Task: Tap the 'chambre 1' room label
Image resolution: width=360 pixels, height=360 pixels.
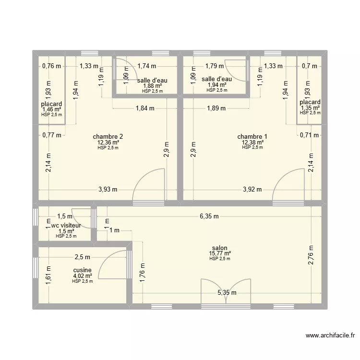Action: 252,137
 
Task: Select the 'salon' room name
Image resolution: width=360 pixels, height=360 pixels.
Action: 220,248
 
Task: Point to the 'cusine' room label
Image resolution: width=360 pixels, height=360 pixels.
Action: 82,270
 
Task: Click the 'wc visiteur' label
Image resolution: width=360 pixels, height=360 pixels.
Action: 66,225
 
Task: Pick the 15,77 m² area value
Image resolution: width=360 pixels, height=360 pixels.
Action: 220,253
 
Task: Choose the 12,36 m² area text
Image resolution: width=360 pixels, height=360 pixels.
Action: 108,143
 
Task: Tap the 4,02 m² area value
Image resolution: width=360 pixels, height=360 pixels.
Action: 82,276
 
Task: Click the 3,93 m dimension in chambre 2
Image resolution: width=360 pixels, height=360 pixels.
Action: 108,189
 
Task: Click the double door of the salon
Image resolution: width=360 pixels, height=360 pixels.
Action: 225,290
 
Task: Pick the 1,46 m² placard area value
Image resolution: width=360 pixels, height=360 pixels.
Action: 51,110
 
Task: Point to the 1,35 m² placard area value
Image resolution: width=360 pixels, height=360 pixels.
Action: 310,108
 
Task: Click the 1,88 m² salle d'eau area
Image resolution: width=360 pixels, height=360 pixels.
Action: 152,86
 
